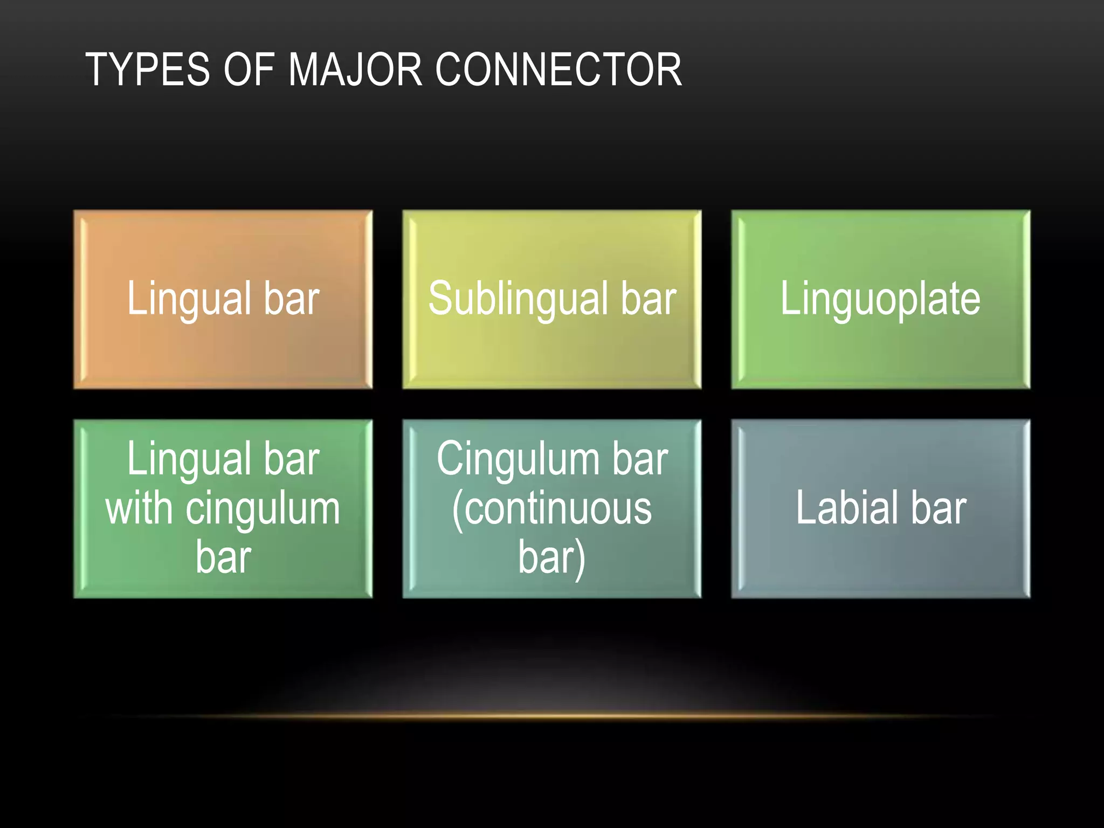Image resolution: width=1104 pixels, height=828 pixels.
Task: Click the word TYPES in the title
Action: (147, 70)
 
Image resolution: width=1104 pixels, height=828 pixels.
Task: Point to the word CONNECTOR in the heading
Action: (558, 70)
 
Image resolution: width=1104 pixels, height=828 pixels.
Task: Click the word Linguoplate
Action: (880, 299)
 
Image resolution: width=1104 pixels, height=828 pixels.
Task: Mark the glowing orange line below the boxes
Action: (552, 716)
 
